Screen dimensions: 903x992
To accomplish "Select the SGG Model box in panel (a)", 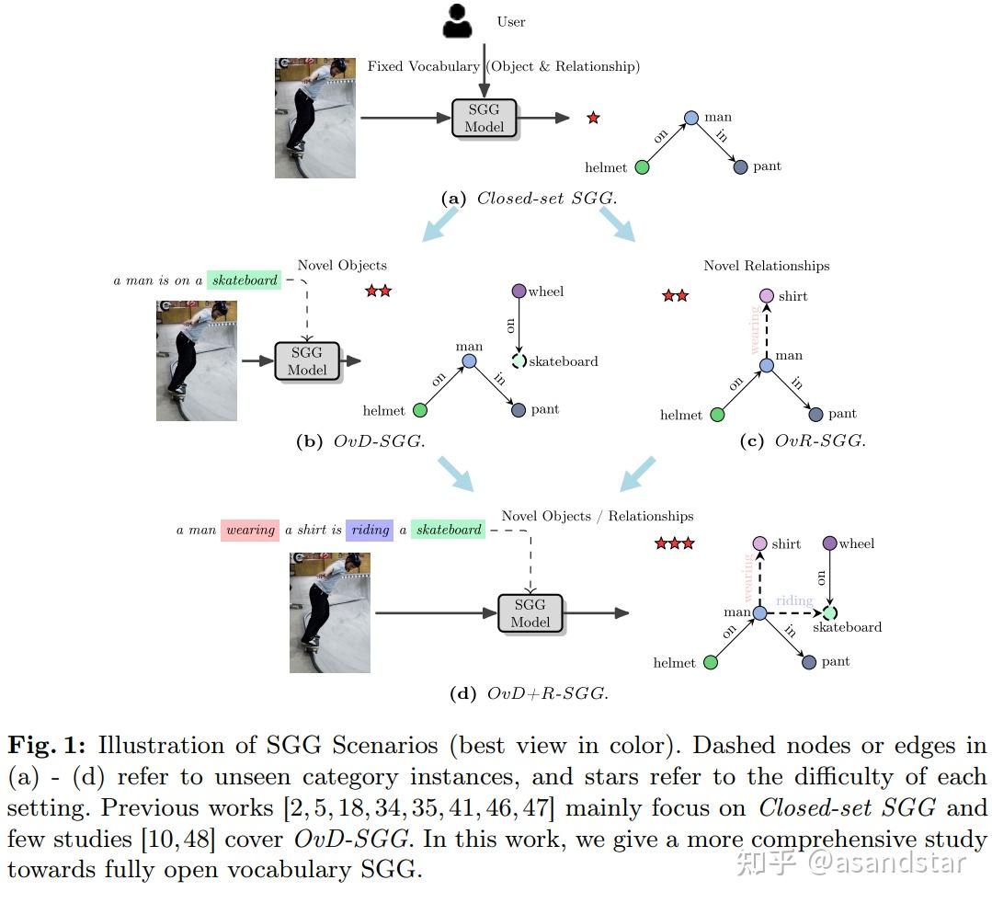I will (485, 119).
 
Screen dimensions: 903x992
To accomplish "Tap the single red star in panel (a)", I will (593, 118).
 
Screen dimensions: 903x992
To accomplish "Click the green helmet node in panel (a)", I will (642, 166).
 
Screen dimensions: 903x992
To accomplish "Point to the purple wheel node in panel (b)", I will (519, 291).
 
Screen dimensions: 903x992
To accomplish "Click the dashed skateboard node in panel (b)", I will (519, 361).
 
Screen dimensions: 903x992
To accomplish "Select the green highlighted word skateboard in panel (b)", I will (245, 280).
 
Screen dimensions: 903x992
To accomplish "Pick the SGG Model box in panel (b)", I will (307, 360).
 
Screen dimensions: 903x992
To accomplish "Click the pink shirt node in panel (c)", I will (767, 296).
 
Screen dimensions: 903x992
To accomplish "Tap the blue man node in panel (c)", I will (767, 366).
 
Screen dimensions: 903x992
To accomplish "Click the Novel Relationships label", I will (766, 266).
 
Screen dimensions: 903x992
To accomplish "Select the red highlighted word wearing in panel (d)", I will (250, 531).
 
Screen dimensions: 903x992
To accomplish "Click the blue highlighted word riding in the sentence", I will (370, 531).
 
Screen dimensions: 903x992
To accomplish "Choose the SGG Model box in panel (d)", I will (530, 612).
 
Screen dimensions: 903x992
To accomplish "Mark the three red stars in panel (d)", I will (674, 543).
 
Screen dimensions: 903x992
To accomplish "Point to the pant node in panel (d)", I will (809, 662).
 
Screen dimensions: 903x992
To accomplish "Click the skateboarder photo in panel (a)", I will (314, 118).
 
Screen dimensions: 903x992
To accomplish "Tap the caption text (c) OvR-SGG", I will (802, 440).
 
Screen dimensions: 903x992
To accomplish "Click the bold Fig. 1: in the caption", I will (47, 745).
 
